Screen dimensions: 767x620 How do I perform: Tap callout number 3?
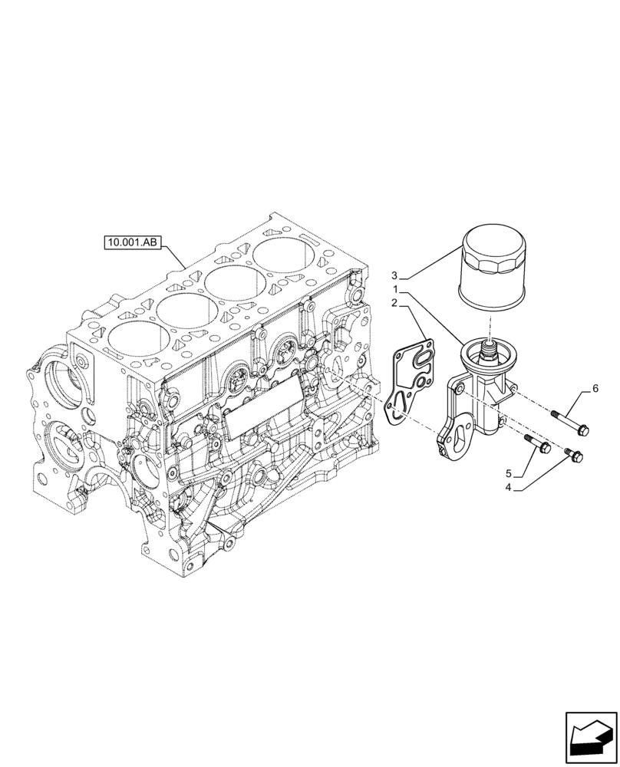[395, 275]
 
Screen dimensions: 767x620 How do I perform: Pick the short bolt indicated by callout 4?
[573, 456]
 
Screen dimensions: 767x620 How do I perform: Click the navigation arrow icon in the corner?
[590, 738]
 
